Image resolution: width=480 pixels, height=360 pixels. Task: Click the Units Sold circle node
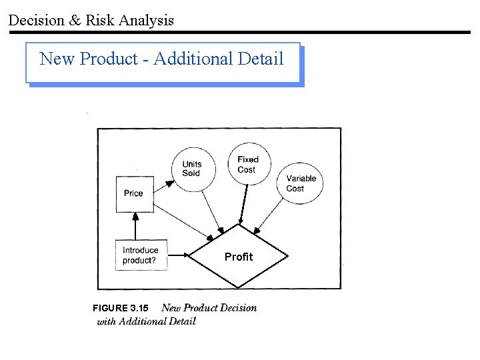click(x=191, y=169)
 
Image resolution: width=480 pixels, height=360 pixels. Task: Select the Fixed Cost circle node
click(x=247, y=164)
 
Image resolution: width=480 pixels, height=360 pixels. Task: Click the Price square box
click(x=134, y=193)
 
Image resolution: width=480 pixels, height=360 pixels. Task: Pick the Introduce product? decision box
click(x=141, y=255)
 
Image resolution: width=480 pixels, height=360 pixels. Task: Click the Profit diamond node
click(x=239, y=257)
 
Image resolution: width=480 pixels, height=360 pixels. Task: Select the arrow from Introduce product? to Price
click(x=135, y=227)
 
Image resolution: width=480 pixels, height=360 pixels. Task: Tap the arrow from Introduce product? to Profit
click(x=179, y=255)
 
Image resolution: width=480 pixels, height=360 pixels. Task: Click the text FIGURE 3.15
click(x=121, y=308)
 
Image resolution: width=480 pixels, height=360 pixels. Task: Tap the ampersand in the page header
click(x=75, y=20)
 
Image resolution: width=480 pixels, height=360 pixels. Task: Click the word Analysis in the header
click(x=146, y=20)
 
